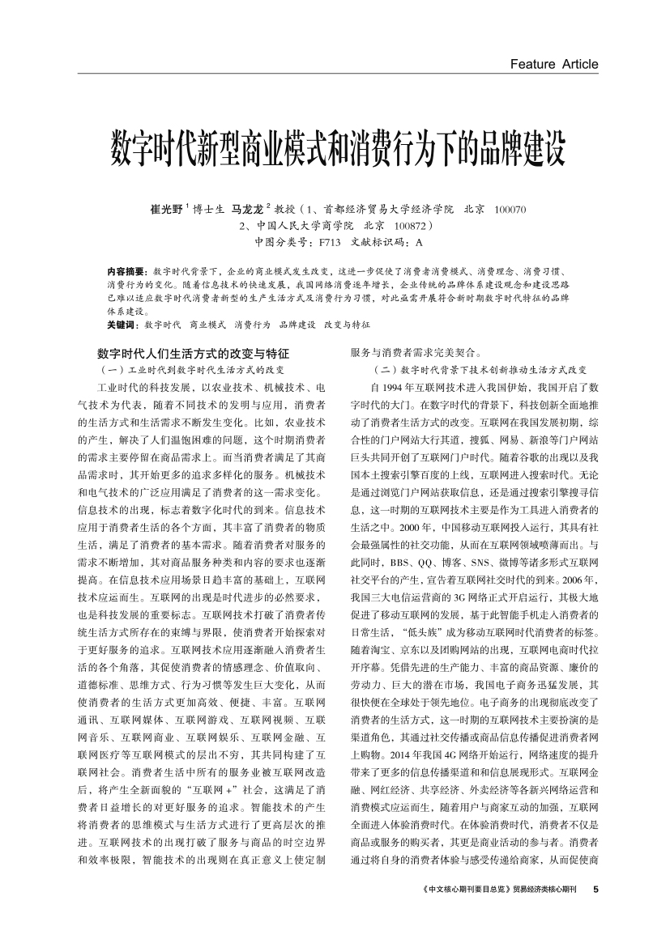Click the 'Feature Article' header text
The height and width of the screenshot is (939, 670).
click(554, 64)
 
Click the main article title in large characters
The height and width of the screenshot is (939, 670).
click(335, 143)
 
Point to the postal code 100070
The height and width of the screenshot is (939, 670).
click(510, 210)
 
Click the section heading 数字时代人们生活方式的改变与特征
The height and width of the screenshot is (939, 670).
click(193, 354)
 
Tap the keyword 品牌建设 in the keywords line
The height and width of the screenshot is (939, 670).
click(297, 324)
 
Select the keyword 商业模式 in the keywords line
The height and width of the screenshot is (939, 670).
click(207, 324)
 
